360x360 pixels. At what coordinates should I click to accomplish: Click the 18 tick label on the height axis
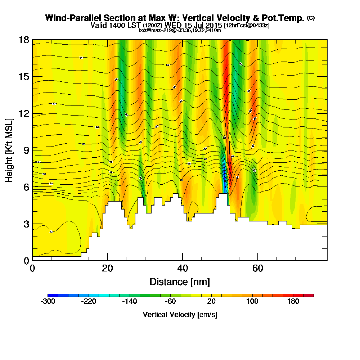[x=24, y=40]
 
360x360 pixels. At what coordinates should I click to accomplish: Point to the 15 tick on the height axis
[x=24, y=77]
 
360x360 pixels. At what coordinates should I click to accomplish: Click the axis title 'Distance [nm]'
[x=180, y=282]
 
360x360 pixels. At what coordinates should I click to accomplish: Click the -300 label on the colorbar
[x=48, y=301]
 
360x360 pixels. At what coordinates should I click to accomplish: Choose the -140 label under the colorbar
[x=129, y=301]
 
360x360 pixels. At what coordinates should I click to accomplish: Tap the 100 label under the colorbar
[x=252, y=301]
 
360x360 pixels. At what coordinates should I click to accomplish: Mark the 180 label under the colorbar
[x=293, y=301]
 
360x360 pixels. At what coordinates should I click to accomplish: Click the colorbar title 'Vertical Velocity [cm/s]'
[x=180, y=315]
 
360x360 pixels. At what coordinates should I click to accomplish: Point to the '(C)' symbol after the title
[x=311, y=18]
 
